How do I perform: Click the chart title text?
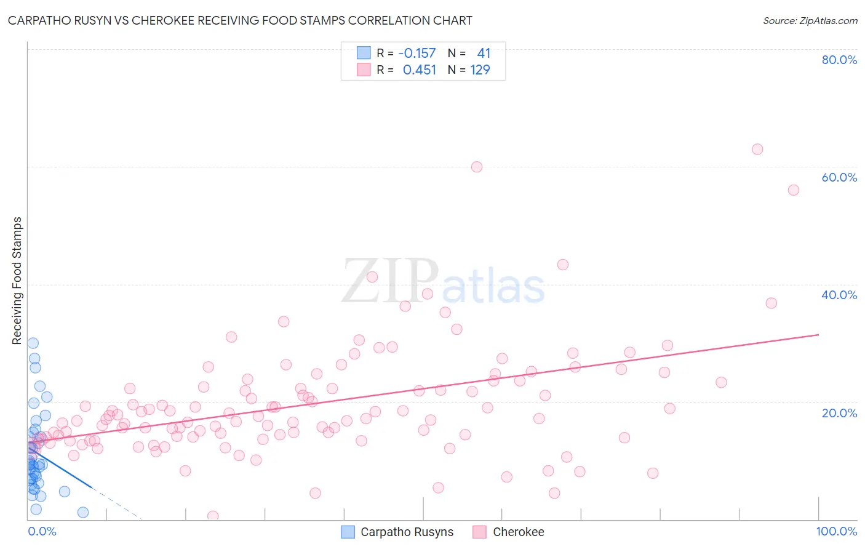coord(240,20)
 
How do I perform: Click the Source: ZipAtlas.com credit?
coord(810,21)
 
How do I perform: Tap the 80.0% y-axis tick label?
coord(839,60)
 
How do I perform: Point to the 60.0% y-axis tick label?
coord(839,177)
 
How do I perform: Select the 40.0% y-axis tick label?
coord(839,295)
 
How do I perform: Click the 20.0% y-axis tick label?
coord(839,412)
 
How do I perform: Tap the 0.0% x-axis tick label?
coord(42,531)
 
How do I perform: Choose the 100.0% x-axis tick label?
coord(836,531)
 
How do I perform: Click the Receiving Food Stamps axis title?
coord(17,281)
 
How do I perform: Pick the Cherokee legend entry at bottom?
coord(518,532)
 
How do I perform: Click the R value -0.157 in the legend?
coord(417,54)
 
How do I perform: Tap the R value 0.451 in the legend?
coord(419,70)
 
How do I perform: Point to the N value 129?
coord(480,70)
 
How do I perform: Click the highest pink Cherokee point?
coord(757,150)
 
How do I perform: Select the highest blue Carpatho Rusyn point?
coord(33,343)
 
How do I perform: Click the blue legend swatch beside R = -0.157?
coord(364,53)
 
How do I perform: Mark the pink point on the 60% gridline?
coord(477,167)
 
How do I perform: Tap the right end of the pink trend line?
coord(818,334)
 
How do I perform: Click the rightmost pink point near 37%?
coord(771,303)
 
